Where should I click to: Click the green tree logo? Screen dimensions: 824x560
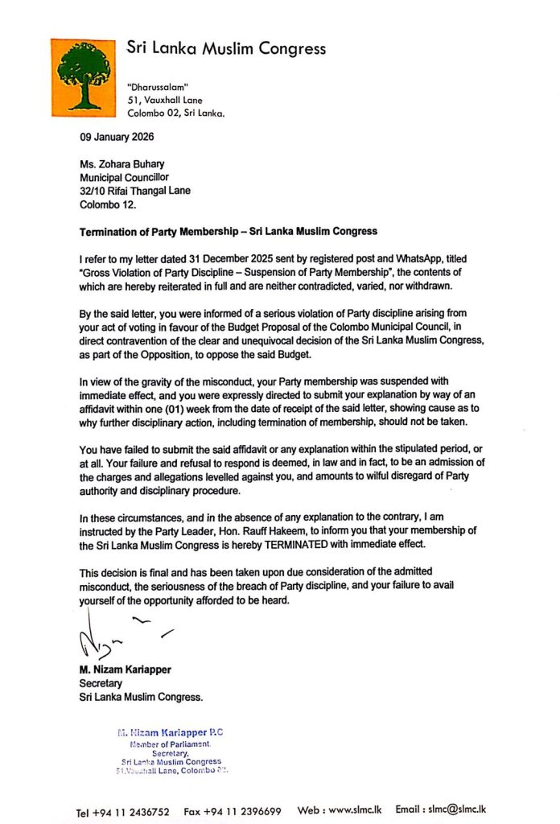click(x=83, y=76)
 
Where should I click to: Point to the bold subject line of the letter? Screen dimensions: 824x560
click(x=228, y=232)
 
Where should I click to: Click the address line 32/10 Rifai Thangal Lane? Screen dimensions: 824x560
click(x=135, y=191)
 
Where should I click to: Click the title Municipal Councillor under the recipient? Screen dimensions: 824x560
click(x=124, y=178)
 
